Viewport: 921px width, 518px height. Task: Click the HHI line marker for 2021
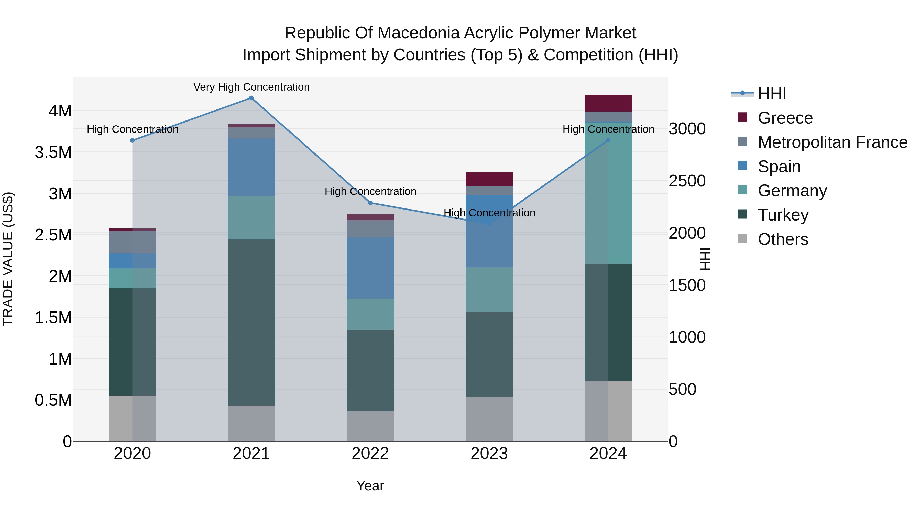click(251, 98)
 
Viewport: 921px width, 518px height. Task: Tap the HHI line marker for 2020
click(132, 140)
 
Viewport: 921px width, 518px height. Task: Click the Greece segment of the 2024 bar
click(608, 103)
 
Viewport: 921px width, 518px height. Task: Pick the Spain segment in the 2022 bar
click(370, 268)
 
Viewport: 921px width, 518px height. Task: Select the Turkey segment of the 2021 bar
click(251, 323)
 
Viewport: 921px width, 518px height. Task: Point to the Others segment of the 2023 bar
click(489, 419)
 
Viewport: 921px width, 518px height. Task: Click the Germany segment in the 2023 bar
click(489, 289)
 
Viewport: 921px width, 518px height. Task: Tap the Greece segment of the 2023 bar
click(489, 179)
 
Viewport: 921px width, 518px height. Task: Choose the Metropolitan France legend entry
click(832, 142)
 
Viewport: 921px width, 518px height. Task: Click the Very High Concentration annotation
click(251, 87)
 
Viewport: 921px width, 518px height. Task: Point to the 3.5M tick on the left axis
click(53, 152)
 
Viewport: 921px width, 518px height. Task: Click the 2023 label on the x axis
click(489, 454)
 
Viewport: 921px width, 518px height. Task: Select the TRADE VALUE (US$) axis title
click(8, 259)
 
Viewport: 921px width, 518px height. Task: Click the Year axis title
click(370, 486)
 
